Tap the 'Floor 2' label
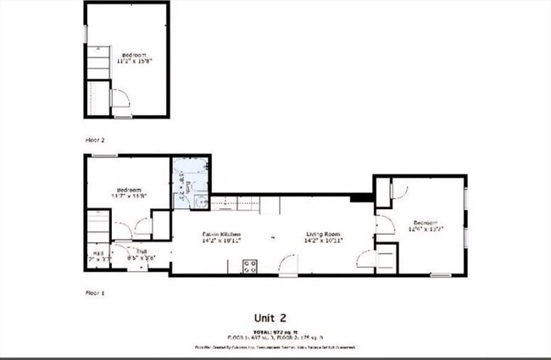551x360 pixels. coord(94,138)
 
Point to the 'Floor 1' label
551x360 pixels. coord(94,292)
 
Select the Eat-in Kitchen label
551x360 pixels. coord(221,237)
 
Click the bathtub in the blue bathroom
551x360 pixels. coord(181,183)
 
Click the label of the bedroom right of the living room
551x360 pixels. coord(426,225)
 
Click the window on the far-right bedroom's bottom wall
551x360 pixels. coord(440,275)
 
